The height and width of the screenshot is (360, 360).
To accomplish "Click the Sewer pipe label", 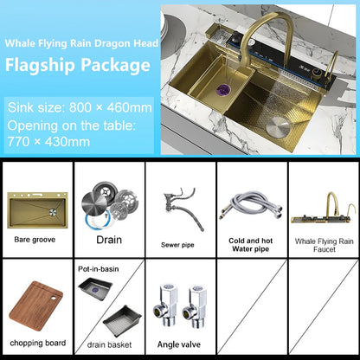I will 178,245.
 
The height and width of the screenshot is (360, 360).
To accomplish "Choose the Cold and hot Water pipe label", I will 249,244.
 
